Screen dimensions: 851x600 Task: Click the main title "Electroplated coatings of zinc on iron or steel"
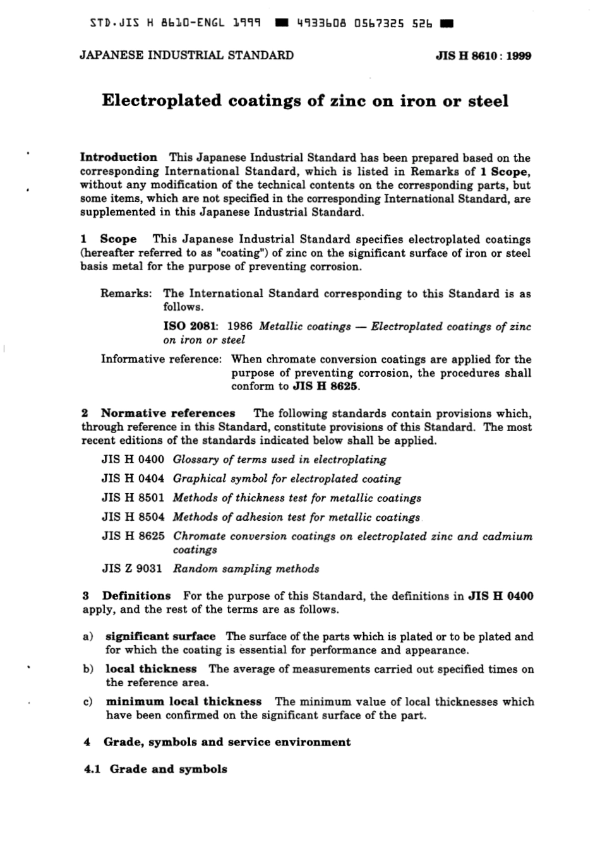[305, 101]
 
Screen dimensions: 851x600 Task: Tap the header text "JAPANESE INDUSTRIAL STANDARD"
[186, 55]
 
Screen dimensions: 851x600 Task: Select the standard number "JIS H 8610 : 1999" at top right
[483, 56]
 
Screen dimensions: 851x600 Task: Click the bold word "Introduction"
[119, 157]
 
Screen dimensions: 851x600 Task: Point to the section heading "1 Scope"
[109, 239]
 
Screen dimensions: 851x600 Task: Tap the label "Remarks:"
[126, 294]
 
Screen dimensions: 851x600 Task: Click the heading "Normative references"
[168, 414]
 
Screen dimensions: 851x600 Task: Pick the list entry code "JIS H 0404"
[133, 479]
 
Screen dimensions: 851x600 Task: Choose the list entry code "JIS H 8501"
[133, 497]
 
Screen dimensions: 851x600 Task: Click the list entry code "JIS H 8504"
[133, 516]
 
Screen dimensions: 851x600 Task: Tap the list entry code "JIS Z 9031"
[133, 568]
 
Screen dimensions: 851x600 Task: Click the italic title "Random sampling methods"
[246, 568]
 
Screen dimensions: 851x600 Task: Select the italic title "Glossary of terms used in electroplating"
[279, 460]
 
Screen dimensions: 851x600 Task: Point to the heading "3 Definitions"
[127, 595]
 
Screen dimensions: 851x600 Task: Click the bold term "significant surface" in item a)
[160, 636]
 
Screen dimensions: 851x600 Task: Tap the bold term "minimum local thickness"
[183, 701]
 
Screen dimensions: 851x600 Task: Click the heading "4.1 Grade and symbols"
[155, 769]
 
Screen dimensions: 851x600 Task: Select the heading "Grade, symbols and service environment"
[227, 742]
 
